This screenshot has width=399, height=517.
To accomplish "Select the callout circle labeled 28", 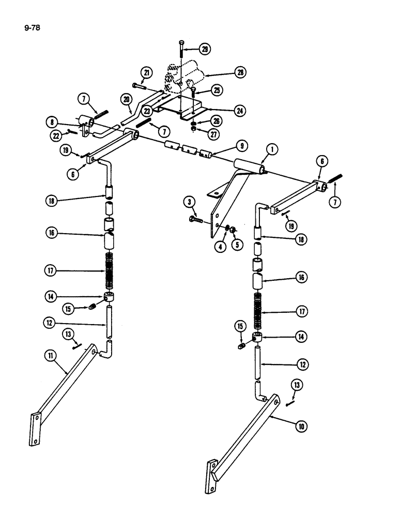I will [240, 72].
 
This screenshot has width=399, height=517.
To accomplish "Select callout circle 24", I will [239, 110].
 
